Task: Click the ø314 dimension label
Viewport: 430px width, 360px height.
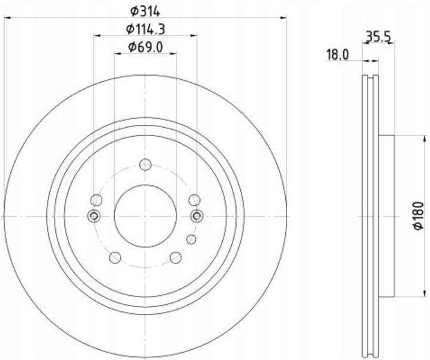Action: pos(145,11)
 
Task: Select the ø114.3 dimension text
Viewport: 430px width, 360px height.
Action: pos(145,29)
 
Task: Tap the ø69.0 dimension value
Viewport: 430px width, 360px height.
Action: pos(145,47)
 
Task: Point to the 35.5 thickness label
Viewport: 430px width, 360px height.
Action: pos(378,36)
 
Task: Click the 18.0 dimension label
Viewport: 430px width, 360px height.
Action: pos(337,55)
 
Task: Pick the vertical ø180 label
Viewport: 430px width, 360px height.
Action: pos(419,216)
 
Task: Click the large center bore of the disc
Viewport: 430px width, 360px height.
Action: pos(145,216)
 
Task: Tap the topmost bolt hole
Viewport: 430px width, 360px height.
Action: pos(145,164)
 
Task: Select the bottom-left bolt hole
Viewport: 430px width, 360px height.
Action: pos(115,257)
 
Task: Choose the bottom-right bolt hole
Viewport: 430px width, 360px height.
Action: pos(175,257)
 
